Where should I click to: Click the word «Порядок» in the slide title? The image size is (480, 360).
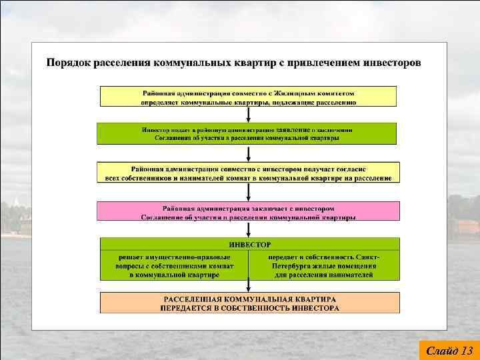[68, 63]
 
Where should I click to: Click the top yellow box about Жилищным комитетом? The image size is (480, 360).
[249, 97]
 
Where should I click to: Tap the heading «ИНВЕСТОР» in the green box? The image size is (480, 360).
[249, 245]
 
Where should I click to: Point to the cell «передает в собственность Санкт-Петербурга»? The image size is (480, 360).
[324, 265]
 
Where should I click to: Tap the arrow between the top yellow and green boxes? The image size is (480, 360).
[249, 115]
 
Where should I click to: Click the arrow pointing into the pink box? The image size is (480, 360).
[249, 193]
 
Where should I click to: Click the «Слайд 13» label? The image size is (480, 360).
[449, 350]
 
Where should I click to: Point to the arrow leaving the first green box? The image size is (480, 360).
[249, 153]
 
